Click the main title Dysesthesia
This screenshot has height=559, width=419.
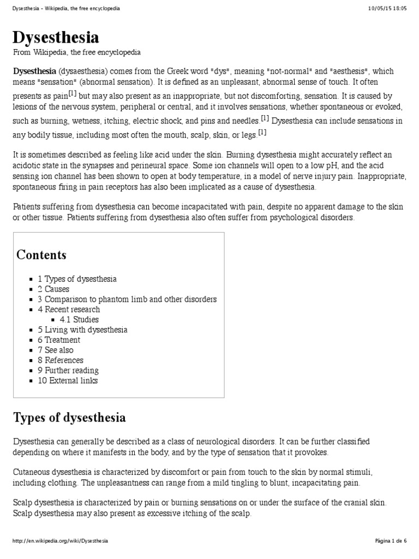[x=56, y=37]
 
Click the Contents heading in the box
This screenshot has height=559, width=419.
[x=41, y=255]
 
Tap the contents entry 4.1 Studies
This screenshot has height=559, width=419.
[x=79, y=319]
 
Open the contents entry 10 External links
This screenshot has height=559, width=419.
[x=68, y=380]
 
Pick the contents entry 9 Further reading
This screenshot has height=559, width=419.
[x=68, y=370]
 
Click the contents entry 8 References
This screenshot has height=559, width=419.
[x=61, y=360]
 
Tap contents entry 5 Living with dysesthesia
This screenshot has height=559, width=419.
[x=82, y=330]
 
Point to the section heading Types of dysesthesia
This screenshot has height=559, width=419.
[x=69, y=418]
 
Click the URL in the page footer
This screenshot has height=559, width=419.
[x=60, y=540]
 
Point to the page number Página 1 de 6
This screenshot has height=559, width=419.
[x=391, y=540]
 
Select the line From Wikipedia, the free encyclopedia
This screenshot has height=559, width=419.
[x=77, y=52]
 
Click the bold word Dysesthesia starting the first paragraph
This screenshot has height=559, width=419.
[x=34, y=72]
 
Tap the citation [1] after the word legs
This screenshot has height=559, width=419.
[x=261, y=133]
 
